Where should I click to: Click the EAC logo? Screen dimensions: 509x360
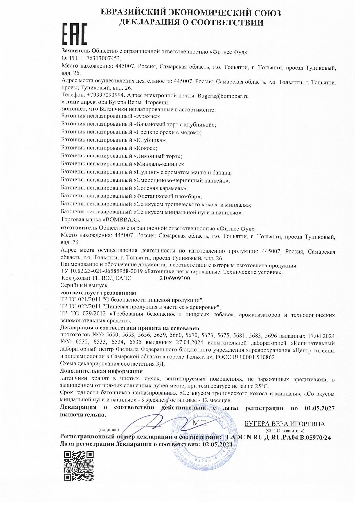[74, 34]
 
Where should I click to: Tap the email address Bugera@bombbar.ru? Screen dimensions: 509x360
[223, 95]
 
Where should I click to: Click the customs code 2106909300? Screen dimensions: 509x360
[175, 278]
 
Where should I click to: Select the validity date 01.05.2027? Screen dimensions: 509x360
[320, 408]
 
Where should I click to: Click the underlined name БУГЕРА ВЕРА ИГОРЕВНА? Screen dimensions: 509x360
[285, 424]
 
